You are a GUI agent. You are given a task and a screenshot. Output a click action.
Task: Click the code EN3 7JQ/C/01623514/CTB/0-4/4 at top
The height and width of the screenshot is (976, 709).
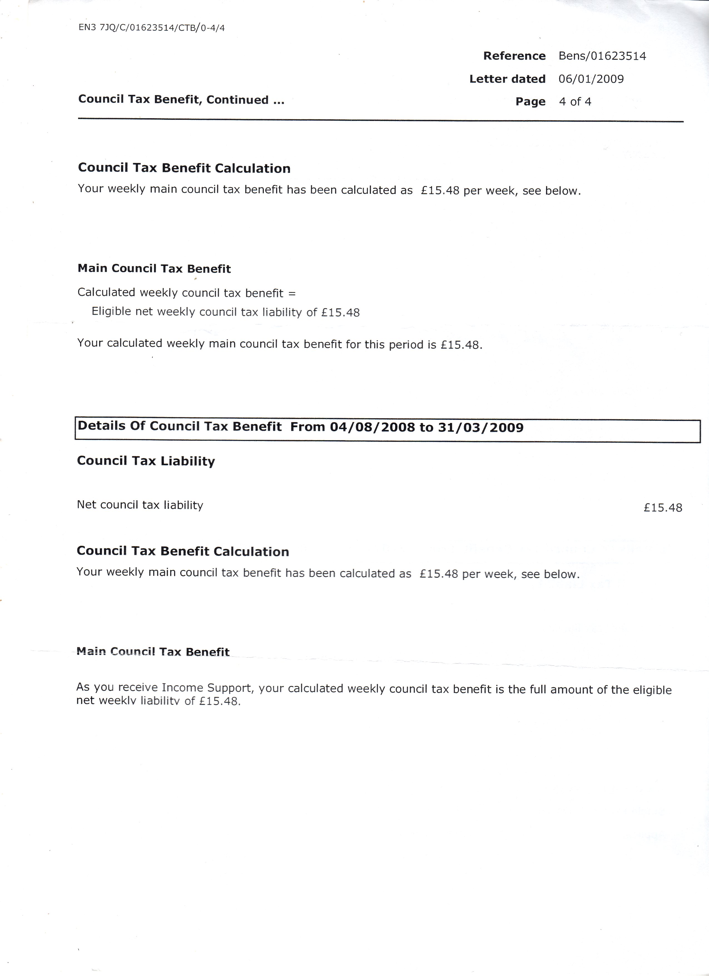tap(152, 28)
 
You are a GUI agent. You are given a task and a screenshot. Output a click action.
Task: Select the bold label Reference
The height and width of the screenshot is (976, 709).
tap(514, 56)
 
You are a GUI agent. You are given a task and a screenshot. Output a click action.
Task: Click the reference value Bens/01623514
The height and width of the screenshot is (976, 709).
tap(602, 56)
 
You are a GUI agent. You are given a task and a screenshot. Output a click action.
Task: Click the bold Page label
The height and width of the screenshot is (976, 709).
tap(530, 102)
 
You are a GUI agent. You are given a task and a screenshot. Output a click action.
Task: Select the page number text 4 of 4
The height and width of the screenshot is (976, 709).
tap(575, 102)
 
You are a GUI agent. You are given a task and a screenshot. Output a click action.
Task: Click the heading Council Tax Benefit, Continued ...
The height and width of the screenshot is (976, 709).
tap(181, 100)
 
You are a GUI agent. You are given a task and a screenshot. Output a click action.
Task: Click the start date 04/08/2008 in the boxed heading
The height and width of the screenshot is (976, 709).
tap(372, 427)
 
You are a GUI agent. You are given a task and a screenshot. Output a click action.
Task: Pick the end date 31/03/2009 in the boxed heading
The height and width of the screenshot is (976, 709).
tap(480, 428)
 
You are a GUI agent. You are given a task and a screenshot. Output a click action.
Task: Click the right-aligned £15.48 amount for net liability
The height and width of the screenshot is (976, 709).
tap(663, 508)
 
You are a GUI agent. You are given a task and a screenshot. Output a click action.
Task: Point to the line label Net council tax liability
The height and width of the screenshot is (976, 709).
tap(140, 505)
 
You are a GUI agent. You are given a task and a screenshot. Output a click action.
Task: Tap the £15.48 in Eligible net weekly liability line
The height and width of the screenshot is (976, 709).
tap(340, 313)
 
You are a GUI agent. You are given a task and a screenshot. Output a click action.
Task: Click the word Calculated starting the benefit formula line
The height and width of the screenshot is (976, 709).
tap(106, 293)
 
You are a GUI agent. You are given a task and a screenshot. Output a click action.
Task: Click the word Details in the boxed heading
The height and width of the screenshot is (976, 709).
tap(101, 426)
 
